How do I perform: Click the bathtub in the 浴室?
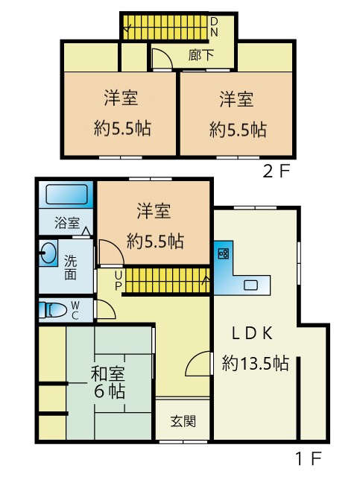click(x=66, y=194)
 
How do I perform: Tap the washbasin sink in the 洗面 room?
click(x=48, y=253)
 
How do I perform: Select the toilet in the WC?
click(x=53, y=310)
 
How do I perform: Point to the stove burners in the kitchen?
click(x=224, y=253)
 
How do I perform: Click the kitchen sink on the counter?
click(x=250, y=285)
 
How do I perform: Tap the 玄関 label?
click(x=183, y=421)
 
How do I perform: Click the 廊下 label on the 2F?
click(x=200, y=55)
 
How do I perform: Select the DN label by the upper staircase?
click(x=214, y=27)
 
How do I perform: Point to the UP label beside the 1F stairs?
click(x=119, y=280)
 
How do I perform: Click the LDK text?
click(x=252, y=333)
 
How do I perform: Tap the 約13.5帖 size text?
click(x=255, y=363)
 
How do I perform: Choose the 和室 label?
click(x=108, y=373)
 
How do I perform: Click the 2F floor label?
click(x=276, y=172)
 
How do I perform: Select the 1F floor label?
click(x=309, y=458)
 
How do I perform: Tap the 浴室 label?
click(x=67, y=223)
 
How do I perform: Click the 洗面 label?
click(x=70, y=268)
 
